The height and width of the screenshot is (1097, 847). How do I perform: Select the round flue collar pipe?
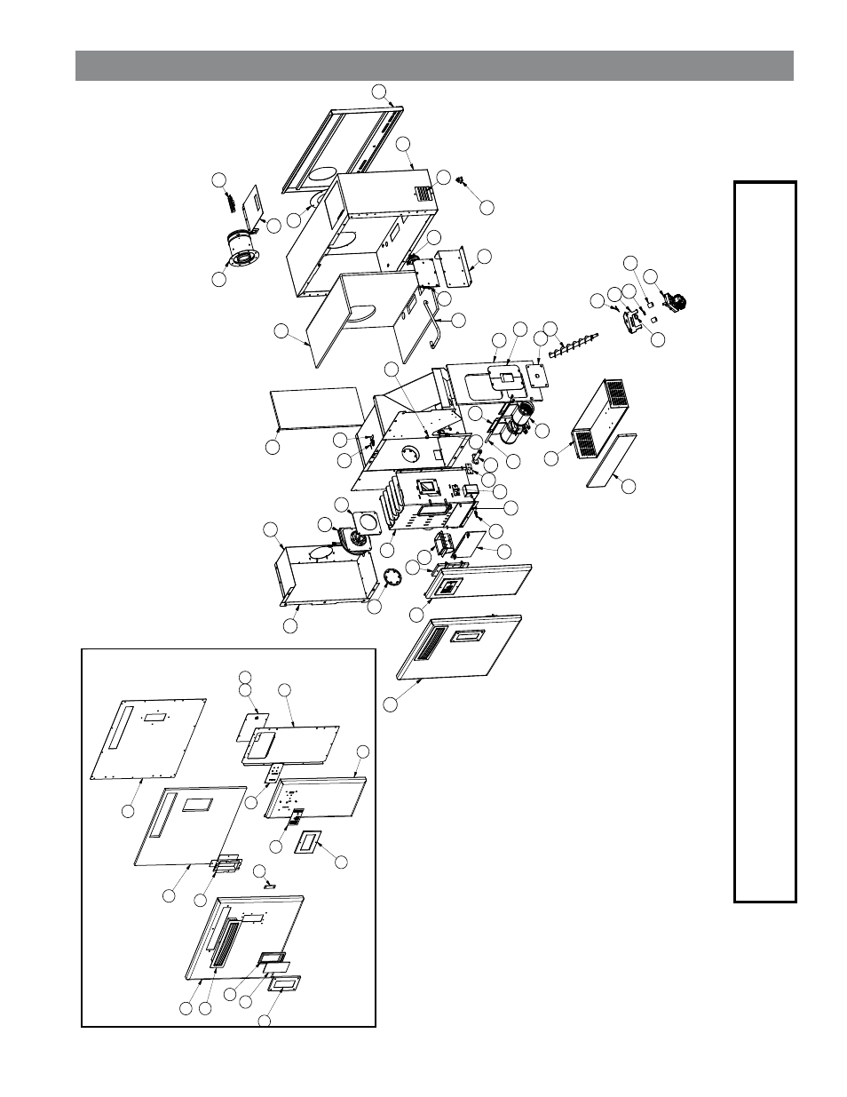241,250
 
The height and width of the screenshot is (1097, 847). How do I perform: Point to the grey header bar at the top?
434,66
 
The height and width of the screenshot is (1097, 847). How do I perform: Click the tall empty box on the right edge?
764,542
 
